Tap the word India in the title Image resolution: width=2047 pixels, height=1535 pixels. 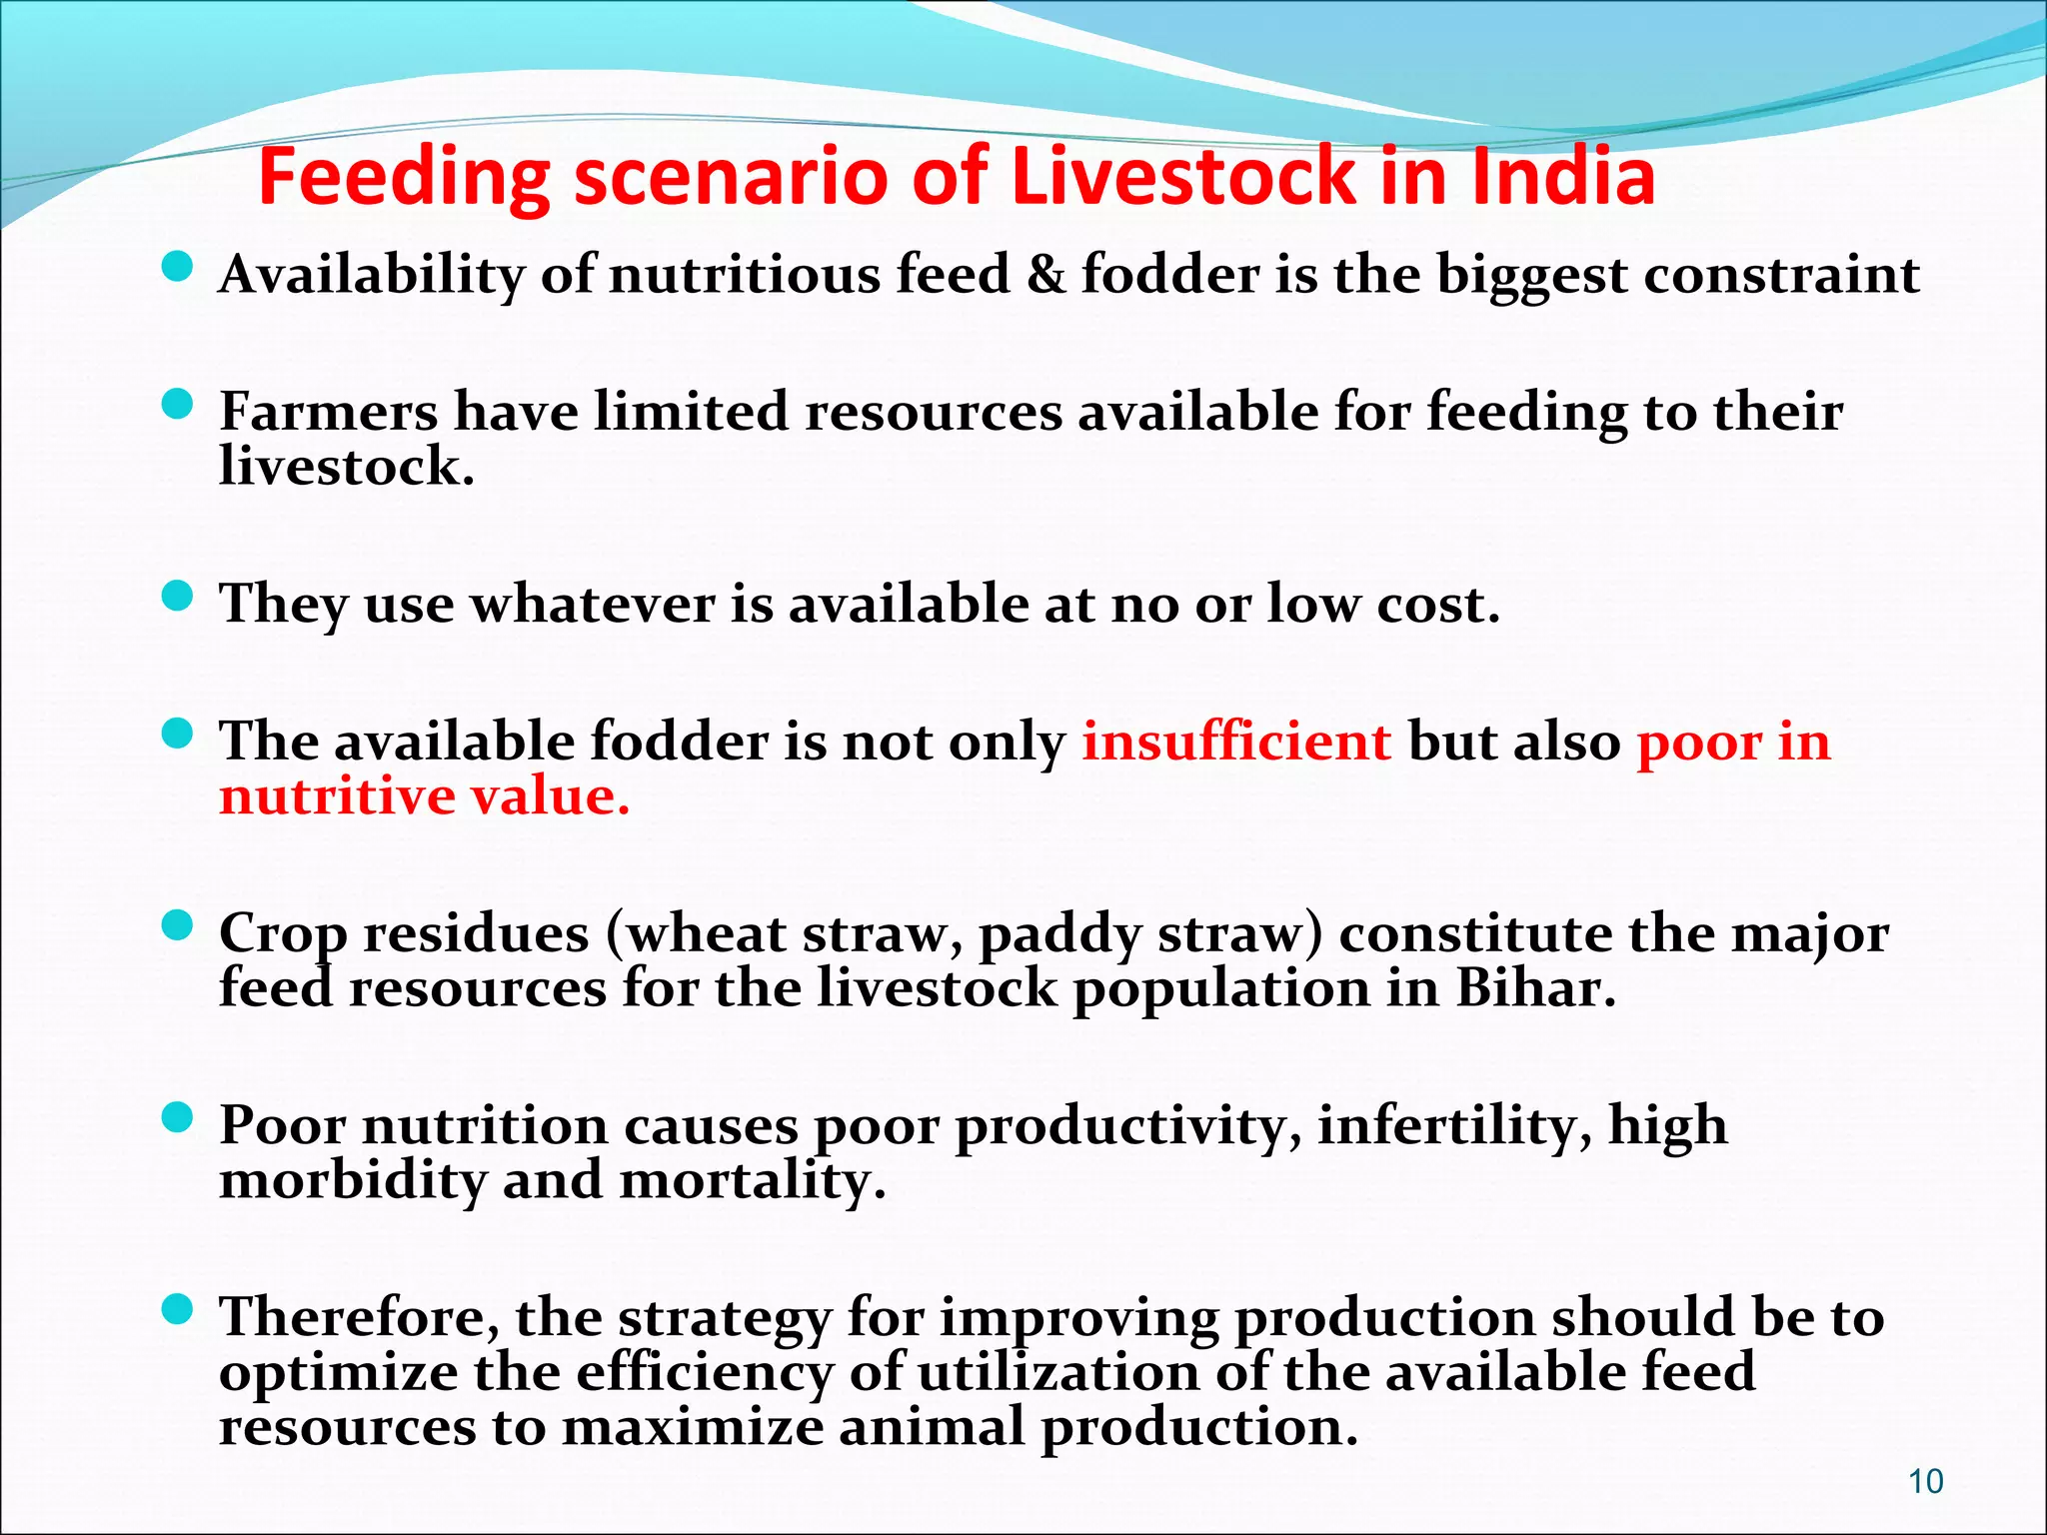1563,176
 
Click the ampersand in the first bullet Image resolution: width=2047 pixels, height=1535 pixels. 1045,275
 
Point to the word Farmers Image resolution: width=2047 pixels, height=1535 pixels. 329,412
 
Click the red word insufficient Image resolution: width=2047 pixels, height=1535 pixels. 1236,742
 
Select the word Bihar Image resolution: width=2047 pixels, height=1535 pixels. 1535,988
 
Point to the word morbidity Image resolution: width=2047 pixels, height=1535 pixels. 352,1180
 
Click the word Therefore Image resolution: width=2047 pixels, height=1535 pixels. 359,1317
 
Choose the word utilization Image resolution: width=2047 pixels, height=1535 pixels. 1057,1371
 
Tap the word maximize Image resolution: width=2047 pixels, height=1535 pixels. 693,1426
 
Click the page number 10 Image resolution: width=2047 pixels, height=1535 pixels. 1926,1481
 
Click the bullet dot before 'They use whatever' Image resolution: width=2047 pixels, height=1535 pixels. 177,598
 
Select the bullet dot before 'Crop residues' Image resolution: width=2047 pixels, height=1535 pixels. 177,926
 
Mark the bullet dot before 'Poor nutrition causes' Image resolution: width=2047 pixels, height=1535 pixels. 177,1118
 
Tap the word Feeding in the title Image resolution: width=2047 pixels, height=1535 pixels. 404,176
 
